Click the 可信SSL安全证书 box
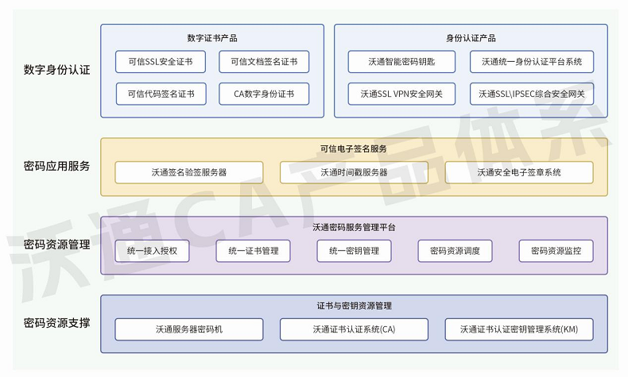click(161, 62)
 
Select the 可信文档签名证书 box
click(264, 62)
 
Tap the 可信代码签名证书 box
click(161, 94)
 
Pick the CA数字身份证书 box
click(264, 94)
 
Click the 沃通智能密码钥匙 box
click(401, 62)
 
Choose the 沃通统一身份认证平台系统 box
click(531, 62)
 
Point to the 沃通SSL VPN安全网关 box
click(401, 94)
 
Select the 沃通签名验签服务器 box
click(189, 172)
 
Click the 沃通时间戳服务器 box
click(354, 172)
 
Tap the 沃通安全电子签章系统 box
click(519, 172)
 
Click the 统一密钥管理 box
click(354, 251)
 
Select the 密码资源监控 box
click(556, 251)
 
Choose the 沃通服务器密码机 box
click(189, 329)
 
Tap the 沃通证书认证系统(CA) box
click(354, 329)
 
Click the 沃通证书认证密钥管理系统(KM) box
click(519, 329)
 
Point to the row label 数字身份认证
click(56, 70)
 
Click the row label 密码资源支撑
click(56, 324)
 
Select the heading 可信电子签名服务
click(354, 149)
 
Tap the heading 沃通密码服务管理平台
click(354, 228)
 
